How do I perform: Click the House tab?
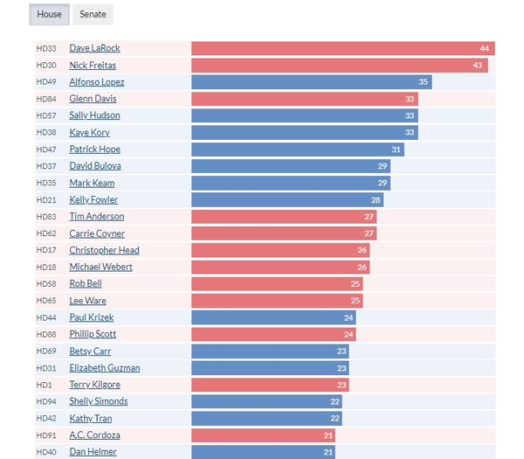click(49, 15)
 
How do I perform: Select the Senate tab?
click(93, 15)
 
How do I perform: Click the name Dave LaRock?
click(94, 49)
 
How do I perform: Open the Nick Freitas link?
click(93, 66)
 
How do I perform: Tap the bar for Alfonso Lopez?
click(311, 82)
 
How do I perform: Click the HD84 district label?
click(46, 99)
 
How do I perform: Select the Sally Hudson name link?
click(94, 115)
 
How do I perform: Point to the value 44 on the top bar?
click(484, 49)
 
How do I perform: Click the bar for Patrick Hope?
click(297, 150)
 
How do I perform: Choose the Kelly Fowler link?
click(93, 200)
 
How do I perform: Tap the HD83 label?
click(46, 217)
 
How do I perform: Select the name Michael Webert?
click(100, 267)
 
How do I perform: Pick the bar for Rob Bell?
click(276, 284)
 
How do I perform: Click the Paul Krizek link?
click(91, 317)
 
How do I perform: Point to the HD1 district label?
click(44, 385)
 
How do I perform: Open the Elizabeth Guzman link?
click(104, 368)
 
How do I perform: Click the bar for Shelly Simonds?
click(265, 401)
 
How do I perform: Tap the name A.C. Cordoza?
click(94, 435)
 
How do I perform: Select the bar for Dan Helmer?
click(262, 452)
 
